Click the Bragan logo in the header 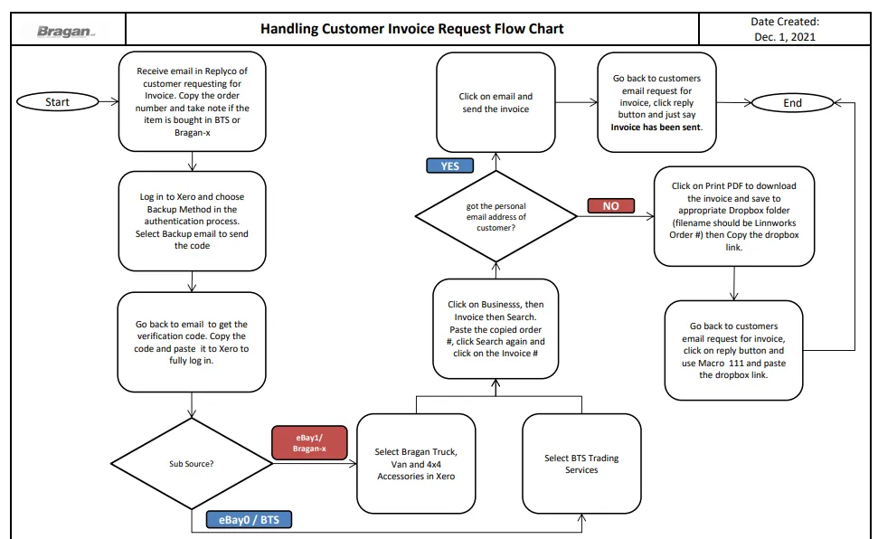click(66, 32)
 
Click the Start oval click(58, 102)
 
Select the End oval click(792, 103)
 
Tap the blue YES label click(449, 165)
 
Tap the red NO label click(611, 205)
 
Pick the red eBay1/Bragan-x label click(309, 442)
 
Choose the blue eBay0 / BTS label click(250, 520)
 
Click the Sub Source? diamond click(192, 464)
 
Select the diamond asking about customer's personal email click(496, 216)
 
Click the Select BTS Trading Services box click(581, 464)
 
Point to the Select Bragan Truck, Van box click(416, 464)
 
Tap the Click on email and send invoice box click(496, 102)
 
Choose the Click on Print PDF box click(734, 216)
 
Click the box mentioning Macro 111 click(733, 350)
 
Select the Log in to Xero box click(192, 222)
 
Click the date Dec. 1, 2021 click(785, 37)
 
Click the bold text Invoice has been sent click(656, 128)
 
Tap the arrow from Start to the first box click(109, 101)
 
